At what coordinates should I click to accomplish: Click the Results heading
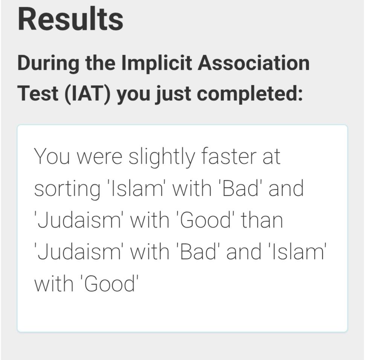tap(70, 19)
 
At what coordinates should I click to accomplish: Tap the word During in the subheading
tap(48, 63)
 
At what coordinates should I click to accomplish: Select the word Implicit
tap(157, 63)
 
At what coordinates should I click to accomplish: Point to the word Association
tap(253, 63)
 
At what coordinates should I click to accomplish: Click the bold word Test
tap(38, 93)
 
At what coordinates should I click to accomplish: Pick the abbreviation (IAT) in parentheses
tap(87, 94)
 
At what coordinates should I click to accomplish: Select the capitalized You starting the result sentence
tap(52, 156)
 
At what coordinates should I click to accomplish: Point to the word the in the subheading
tap(100, 63)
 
